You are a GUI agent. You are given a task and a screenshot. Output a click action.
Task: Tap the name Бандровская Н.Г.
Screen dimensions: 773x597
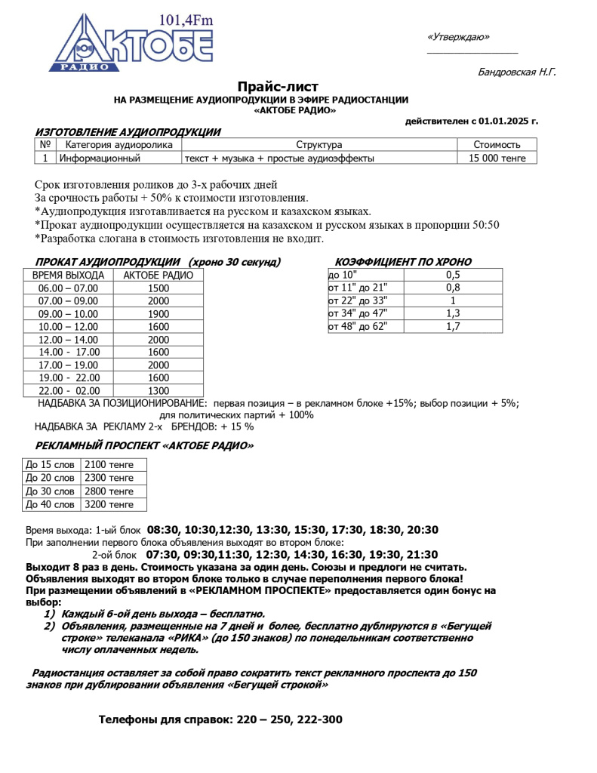point(517,72)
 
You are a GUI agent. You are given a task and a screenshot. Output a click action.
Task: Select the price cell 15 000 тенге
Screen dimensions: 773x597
point(497,159)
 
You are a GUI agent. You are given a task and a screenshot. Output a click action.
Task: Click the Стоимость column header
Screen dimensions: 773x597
point(497,145)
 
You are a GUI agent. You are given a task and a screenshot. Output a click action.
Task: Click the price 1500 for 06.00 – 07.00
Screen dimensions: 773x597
point(158,288)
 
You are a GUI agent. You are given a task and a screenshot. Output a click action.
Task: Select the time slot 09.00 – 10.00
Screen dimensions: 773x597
point(68,314)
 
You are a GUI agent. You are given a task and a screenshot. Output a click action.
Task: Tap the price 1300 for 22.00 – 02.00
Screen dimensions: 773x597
point(158,391)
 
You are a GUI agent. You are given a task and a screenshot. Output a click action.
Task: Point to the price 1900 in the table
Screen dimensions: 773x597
point(158,314)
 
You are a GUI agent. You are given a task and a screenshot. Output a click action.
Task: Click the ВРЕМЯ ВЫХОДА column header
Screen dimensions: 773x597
point(68,276)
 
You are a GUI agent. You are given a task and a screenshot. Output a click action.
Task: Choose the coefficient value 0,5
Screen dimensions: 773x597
point(453,276)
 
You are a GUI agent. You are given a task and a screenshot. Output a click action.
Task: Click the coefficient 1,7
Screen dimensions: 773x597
point(453,327)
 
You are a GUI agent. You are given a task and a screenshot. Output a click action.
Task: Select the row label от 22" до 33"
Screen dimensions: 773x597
point(357,301)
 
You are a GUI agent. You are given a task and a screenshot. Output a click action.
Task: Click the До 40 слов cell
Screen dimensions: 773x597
point(50,504)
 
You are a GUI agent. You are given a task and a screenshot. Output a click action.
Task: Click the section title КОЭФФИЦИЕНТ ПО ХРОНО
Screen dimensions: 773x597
point(403,262)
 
